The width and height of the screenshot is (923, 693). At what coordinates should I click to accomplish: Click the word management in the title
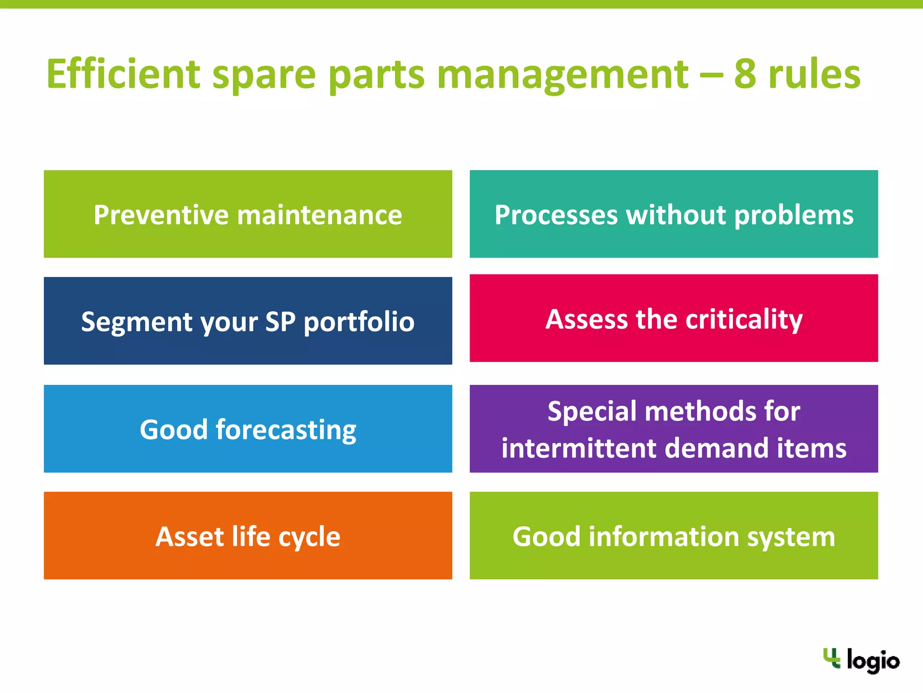562,75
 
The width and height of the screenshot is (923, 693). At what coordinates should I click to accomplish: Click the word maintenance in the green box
320,215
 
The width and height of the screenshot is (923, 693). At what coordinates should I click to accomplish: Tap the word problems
794,215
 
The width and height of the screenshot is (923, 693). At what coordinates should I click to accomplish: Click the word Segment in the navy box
137,322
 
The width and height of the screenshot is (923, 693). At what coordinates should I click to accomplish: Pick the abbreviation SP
280,321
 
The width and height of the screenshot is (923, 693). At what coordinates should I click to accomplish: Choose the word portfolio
359,322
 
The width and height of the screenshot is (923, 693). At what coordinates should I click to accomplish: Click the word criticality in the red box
744,319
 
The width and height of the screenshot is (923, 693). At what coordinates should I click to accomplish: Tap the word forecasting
286,430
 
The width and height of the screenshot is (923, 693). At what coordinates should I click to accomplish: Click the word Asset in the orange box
190,536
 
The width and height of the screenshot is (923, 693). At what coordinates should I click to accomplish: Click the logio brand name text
873,661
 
